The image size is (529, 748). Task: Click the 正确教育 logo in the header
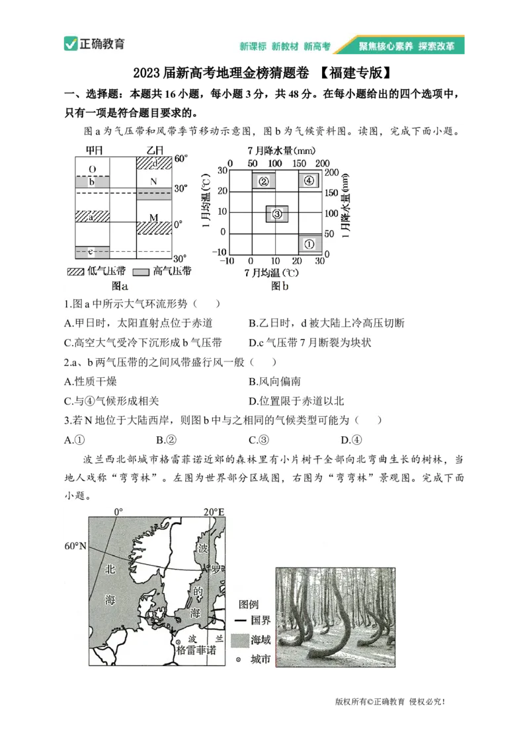[x=95, y=45]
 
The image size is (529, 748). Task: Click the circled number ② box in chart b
[x=263, y=180]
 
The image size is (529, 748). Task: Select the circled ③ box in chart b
[x=277, y=213]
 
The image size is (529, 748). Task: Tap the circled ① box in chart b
[x=309, y=244]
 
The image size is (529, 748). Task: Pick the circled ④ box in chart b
[x=309, y=180]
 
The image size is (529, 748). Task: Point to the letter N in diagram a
[x=153, y=181]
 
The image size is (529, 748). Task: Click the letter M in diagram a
[x=153, y=217]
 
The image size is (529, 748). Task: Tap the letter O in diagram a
[x=92, y=168]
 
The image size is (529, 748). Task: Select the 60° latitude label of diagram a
[x=181, y=159]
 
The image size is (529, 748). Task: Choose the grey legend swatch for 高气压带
[x=141, y=272]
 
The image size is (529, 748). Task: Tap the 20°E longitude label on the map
[x=214, y=511]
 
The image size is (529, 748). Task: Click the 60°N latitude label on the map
[x=77, y=546]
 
